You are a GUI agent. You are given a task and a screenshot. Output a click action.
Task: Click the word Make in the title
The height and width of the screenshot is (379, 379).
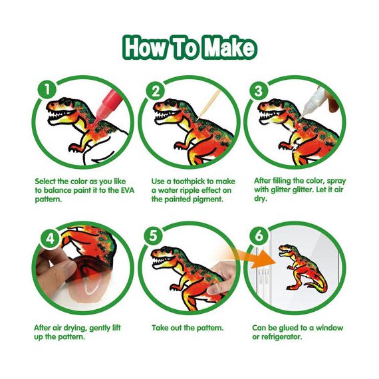pyautogui.click(x=223, y=48)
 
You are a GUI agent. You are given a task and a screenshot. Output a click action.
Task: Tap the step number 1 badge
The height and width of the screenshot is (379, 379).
pyautogui.click(x=45, y=89)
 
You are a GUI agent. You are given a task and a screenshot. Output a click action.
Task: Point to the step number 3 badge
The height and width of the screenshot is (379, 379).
pyautogui.click(x=258, y=89)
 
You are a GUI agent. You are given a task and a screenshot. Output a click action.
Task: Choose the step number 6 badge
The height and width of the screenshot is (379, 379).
pyautogui.click(x=259, y=237)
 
